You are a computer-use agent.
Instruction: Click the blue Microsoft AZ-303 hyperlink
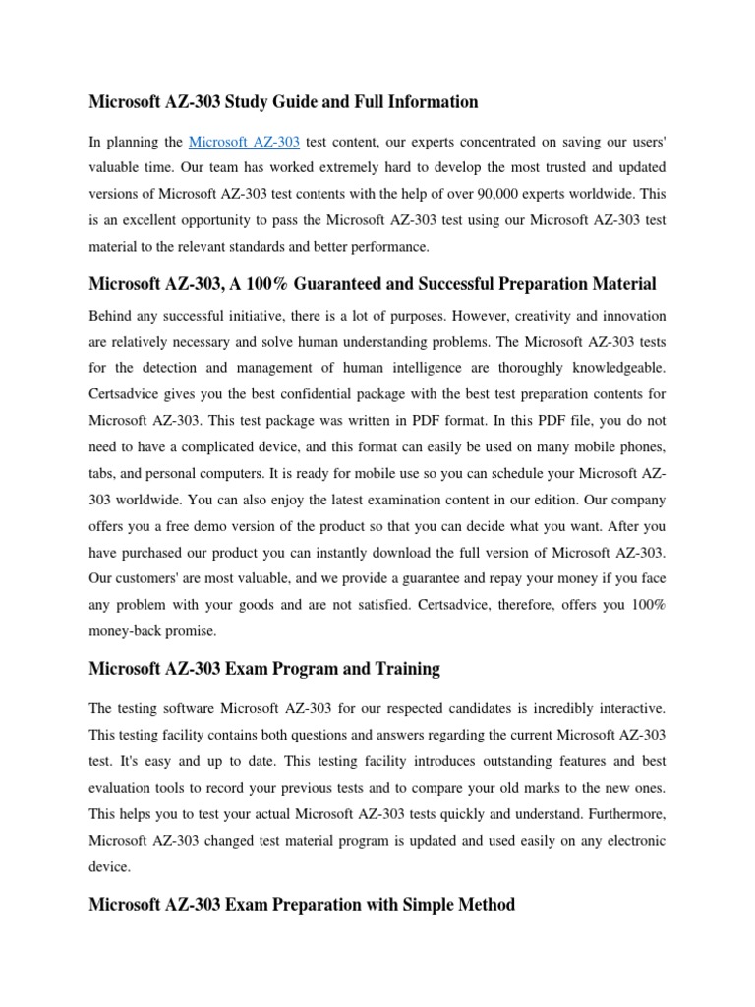point(244,143)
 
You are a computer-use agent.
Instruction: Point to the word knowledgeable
point(610,367)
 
